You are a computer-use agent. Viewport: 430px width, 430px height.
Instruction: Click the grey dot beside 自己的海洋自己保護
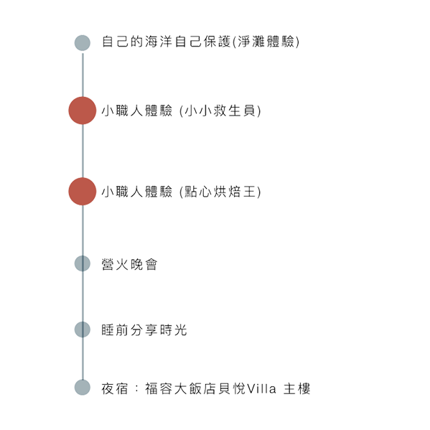[83, 43]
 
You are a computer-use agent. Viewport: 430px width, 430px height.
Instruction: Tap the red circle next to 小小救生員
[83, 111]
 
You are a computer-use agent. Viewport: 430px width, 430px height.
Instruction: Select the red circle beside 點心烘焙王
[83, 192]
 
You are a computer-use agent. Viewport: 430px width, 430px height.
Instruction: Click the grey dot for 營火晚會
[83, 263]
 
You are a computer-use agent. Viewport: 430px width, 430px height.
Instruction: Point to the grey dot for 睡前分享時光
[83, 329]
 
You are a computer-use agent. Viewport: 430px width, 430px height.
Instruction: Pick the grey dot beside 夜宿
[83, 387]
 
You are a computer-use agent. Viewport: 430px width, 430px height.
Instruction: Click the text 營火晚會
[129, 264]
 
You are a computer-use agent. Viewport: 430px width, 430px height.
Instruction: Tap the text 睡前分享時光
[144, 330]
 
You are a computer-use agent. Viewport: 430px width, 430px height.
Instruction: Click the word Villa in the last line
[261, 388]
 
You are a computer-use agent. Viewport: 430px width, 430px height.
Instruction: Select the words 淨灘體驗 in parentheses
[266, 42]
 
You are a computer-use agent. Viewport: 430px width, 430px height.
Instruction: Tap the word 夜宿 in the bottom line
[115, 388]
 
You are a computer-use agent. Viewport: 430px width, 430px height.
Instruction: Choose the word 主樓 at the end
[297, 388]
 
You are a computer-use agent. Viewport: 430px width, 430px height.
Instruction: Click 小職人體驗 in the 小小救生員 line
[137, 111]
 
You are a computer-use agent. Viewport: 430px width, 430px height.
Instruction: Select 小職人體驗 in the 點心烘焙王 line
[137, 192]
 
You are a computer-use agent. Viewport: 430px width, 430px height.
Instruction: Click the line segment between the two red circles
[83, 151]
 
